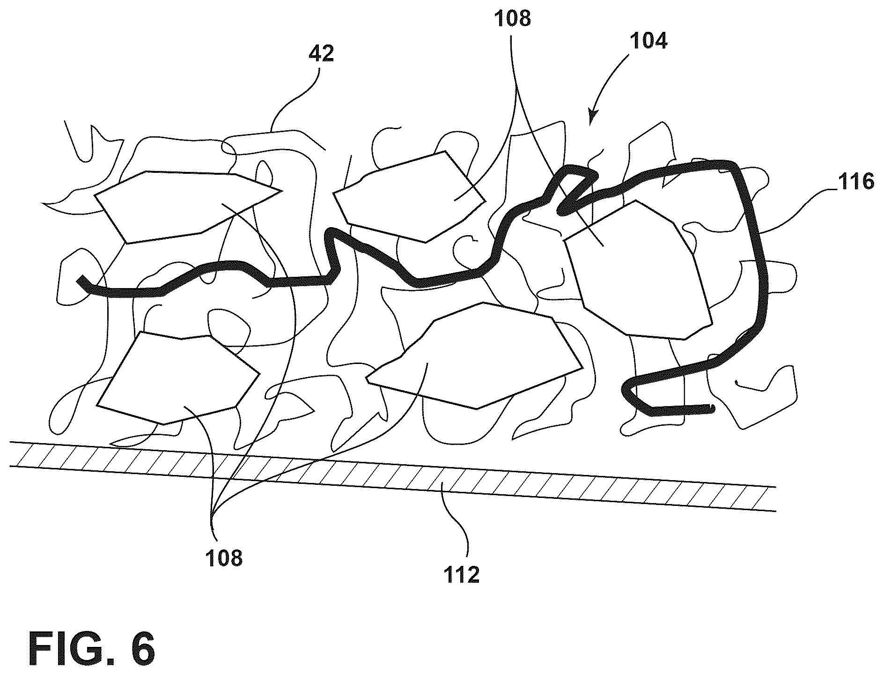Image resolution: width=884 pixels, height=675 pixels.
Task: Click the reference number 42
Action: (x=322, y=54)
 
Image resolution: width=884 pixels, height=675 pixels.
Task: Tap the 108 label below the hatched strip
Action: (x=224, y=558)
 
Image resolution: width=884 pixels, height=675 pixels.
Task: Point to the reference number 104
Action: (x=649, y=42)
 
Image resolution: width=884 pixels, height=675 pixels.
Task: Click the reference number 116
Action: (x=855, y=181)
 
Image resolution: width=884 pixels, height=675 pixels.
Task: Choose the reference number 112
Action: (x=462, y=575)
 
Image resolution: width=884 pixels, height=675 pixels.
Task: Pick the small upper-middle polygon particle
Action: (x=407, y=197)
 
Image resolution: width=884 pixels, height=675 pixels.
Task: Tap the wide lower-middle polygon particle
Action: (x=473, y=356)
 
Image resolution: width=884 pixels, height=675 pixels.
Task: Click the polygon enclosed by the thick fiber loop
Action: (x=637, y=272)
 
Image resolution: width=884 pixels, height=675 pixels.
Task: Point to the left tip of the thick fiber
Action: (x=80, y=280)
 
